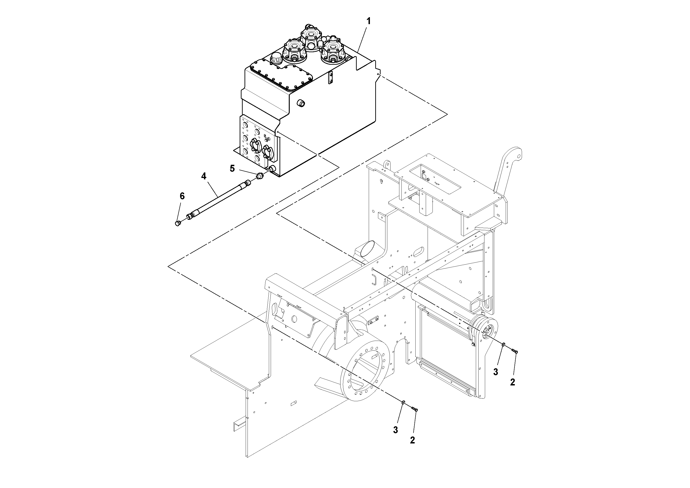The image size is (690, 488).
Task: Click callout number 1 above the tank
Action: click(x=369, y=21)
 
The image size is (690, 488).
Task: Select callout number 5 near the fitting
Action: click(x=232, y=168)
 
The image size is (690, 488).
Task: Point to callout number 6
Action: click(x=182, y=196)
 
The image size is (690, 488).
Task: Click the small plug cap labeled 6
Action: click(x=178, y=223)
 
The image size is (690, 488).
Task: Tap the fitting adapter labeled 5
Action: click(x=260, y=176)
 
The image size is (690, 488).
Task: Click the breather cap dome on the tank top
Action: click(x=276, y=58)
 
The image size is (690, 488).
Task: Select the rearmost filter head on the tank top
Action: click(x=311, y=38)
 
